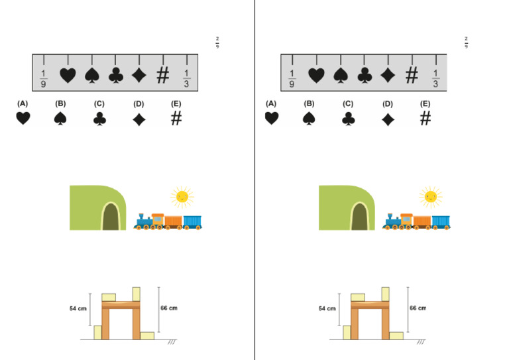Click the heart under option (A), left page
coord(23,119)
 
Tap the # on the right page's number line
coord(412,76)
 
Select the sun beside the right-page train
coord(431,197)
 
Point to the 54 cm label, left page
coord(79,308)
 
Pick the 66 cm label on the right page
coord(418,308)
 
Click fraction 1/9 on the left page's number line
coord(44,78)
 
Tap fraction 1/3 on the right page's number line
coord(435,78)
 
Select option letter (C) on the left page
coord(99,104)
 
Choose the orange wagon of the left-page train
coord(173,221)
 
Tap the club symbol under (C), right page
coord(349,119)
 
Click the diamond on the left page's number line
coord(139,76)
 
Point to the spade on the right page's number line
coord(340,76)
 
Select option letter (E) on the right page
coord(425,104)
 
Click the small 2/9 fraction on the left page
coord(217,42)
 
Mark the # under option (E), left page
coord(176,119)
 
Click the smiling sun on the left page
coord(182,197)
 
